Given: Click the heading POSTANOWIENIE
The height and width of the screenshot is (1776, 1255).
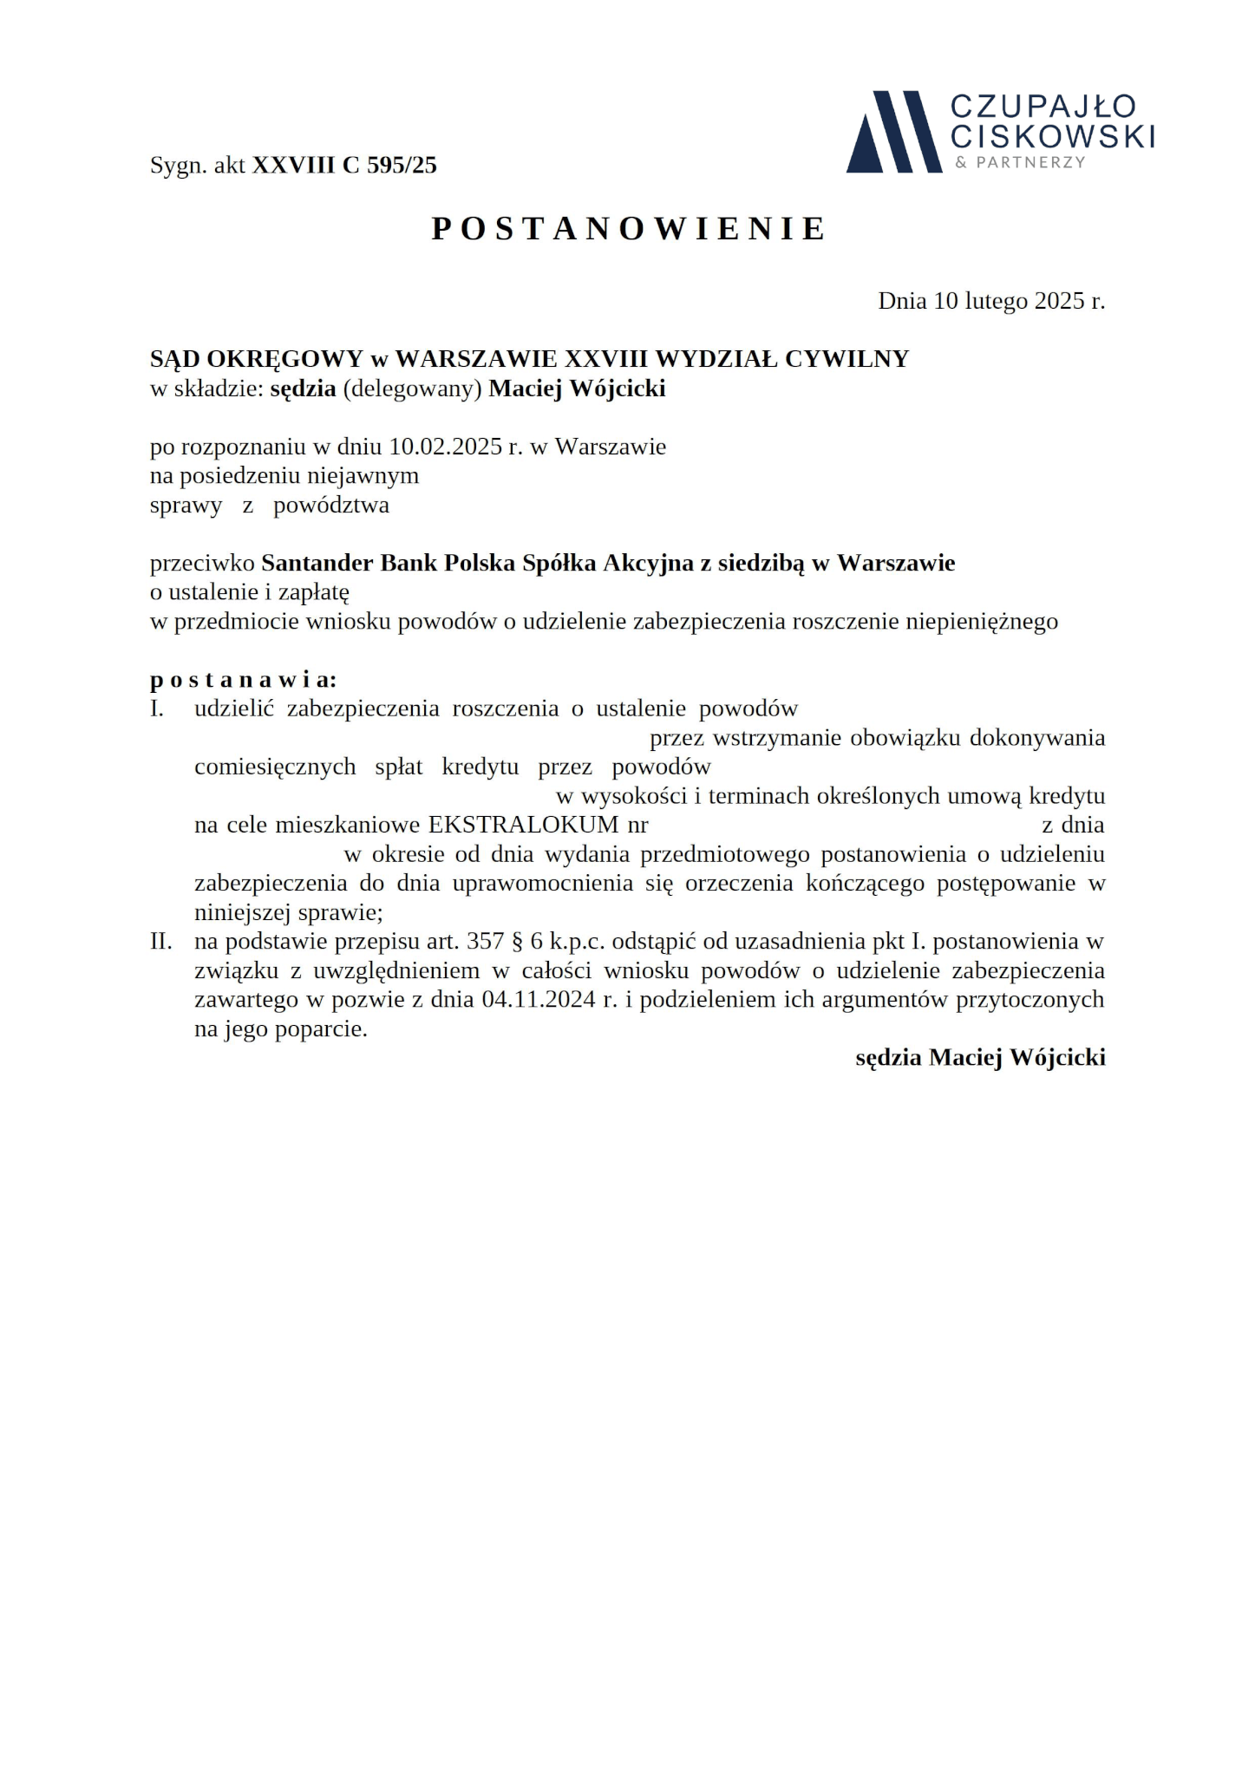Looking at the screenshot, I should point(629,229).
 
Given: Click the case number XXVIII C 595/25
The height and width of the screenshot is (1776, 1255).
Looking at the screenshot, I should point(344,166).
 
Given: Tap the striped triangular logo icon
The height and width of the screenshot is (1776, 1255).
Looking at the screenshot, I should point(892,132).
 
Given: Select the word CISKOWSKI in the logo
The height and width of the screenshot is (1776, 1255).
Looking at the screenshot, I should point(1052,136).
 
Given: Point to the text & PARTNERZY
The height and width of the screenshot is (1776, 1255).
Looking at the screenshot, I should point(1020,162).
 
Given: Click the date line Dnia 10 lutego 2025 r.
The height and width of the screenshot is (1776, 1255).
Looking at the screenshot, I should point(990,301).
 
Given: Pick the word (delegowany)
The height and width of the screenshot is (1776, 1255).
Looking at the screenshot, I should point(412,388).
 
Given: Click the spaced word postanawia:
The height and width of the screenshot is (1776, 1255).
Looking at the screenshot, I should point(243,679).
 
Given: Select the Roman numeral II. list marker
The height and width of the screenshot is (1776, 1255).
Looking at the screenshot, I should point(160,942).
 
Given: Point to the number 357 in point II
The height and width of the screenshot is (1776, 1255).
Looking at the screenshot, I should point(485,942).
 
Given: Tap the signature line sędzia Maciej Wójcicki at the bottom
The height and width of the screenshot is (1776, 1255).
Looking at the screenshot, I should point(980,1058).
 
